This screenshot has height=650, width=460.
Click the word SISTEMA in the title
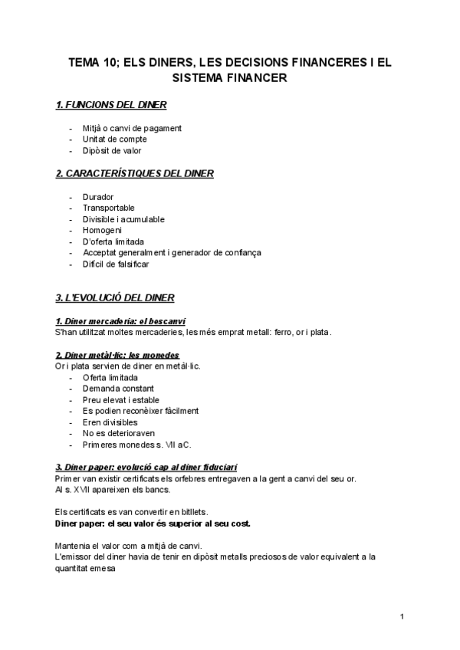click(202, 77)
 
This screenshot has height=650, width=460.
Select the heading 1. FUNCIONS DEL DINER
click(112, 104)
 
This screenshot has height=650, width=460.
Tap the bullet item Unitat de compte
click(114, 140)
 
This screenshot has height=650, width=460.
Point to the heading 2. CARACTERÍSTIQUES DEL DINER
click(135, 173)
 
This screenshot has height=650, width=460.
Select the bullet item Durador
click(97, 196)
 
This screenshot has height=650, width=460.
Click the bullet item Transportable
click(108, 208)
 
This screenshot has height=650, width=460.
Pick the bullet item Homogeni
click(102, 230)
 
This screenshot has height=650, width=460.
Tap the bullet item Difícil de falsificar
click(116, 264)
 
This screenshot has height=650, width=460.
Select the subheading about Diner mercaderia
click(121, 320)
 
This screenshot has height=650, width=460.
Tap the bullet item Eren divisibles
click(110, 422)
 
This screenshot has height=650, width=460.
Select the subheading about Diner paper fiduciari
click(146, 467)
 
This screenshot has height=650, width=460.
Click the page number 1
click(402, 616)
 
